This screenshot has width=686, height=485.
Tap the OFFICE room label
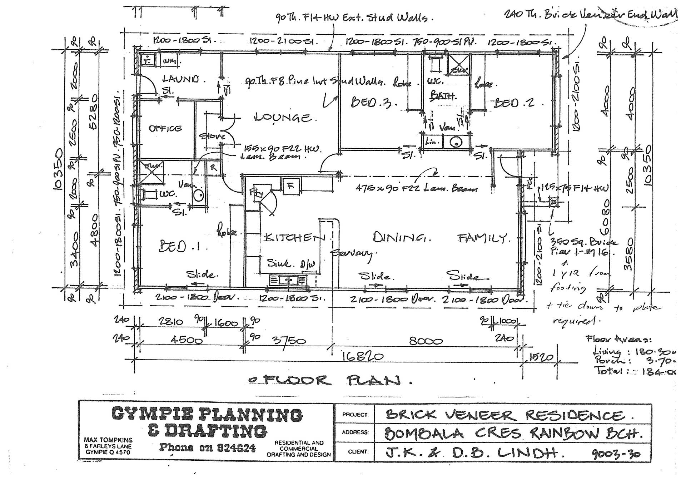(x=165, y=128)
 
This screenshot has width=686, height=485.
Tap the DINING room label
(x=402, y=237)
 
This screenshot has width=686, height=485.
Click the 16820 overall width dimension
(x=363, y=356)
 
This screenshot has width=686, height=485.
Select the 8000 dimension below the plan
(x=426, y=341)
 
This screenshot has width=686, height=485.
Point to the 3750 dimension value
(x=289, y=341)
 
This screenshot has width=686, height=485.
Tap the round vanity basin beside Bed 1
(x=198, y=195)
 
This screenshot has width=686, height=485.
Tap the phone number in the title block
(x=207, y=447)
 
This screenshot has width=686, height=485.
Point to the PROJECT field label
(x=354, y=415)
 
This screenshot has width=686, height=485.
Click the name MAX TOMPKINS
(x=108, y=440)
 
